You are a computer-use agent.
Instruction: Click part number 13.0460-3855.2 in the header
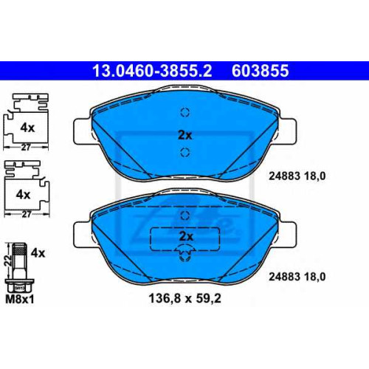coord(152,71)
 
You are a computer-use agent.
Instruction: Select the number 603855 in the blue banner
coord(260,71)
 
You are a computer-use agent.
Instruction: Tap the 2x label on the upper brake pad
coord(185,135)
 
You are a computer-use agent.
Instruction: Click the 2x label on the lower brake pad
coord(186,236)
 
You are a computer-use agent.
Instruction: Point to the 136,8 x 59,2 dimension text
coord(184,298)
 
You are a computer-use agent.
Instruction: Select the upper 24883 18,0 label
coord(297,176)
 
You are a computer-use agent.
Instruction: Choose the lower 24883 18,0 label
coord(297,277)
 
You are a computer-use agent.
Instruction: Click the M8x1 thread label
coord(20,300)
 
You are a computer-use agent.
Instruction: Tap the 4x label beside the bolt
coord(38,253)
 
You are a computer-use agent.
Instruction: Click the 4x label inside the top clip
coord(27,128)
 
